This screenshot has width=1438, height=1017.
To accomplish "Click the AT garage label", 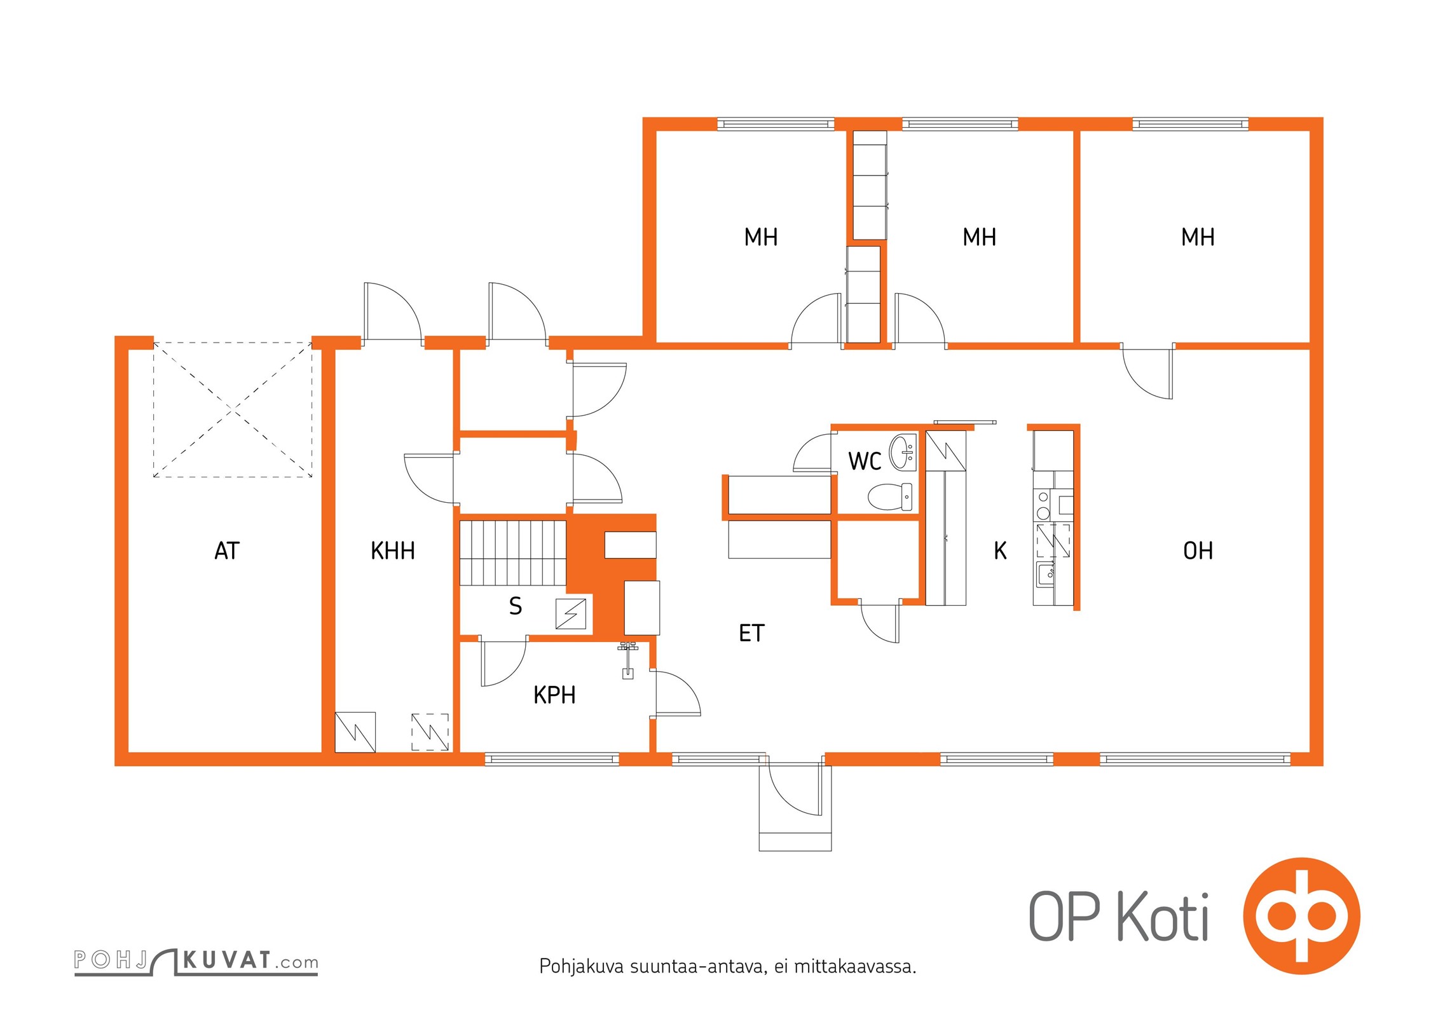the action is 227,551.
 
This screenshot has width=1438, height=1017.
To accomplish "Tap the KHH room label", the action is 393,551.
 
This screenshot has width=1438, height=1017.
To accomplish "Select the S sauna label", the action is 516,606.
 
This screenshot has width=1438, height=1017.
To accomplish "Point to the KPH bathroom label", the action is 554,695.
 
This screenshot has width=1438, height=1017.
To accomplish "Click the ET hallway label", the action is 751,633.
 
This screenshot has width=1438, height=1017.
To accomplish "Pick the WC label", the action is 865,461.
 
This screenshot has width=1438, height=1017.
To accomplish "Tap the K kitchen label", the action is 1000,551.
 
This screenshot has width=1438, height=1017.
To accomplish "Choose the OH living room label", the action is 1198,551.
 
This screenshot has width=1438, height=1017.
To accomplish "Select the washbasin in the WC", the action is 903,452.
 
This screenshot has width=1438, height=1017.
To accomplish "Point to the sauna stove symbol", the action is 571,614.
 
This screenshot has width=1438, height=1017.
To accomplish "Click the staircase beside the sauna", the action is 513,553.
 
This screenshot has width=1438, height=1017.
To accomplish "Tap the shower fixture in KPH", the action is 627,661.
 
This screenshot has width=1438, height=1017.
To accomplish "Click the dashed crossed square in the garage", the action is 233,410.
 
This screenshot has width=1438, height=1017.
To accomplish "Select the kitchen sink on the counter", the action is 1045,574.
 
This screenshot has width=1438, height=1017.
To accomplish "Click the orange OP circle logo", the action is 1301,917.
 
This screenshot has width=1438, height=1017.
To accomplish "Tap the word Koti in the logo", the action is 1163,917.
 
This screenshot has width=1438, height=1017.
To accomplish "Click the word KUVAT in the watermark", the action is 227,960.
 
